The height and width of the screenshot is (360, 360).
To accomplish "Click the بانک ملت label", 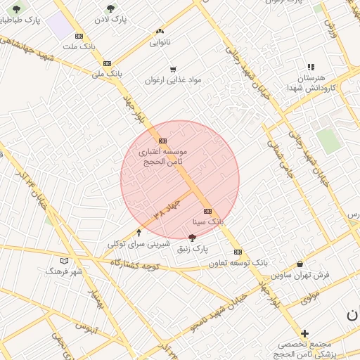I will tap(78, 46).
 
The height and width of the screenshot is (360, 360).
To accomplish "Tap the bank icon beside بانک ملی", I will tap(107, 63).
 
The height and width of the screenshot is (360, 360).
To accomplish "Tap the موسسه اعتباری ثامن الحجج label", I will tap(162, 156).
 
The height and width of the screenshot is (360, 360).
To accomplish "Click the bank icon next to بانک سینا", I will tap(207, 211).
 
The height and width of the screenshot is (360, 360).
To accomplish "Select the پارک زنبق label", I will tap(192, 249).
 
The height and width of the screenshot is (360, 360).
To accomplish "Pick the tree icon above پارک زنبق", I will tap(193, 238).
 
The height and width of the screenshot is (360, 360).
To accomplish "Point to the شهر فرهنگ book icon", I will tap(64, 260).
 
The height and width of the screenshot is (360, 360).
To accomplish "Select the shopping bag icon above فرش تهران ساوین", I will tap(301, 264).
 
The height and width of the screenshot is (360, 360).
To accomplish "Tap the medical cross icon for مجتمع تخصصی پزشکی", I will tap(304, 333).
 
